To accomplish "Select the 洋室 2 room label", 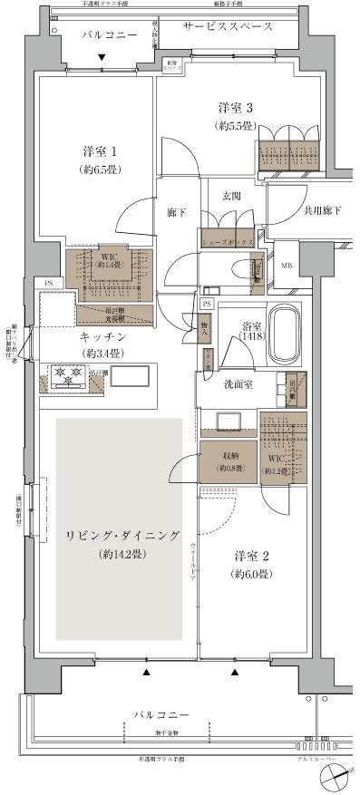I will point(252,555).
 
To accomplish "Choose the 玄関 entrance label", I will point(230,196).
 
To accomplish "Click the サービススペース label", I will point(227,27).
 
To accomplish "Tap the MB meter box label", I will point(287,266).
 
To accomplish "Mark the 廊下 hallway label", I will point(177,214).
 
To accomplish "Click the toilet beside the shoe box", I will point(239,270).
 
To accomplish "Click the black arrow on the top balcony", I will point(102,59).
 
